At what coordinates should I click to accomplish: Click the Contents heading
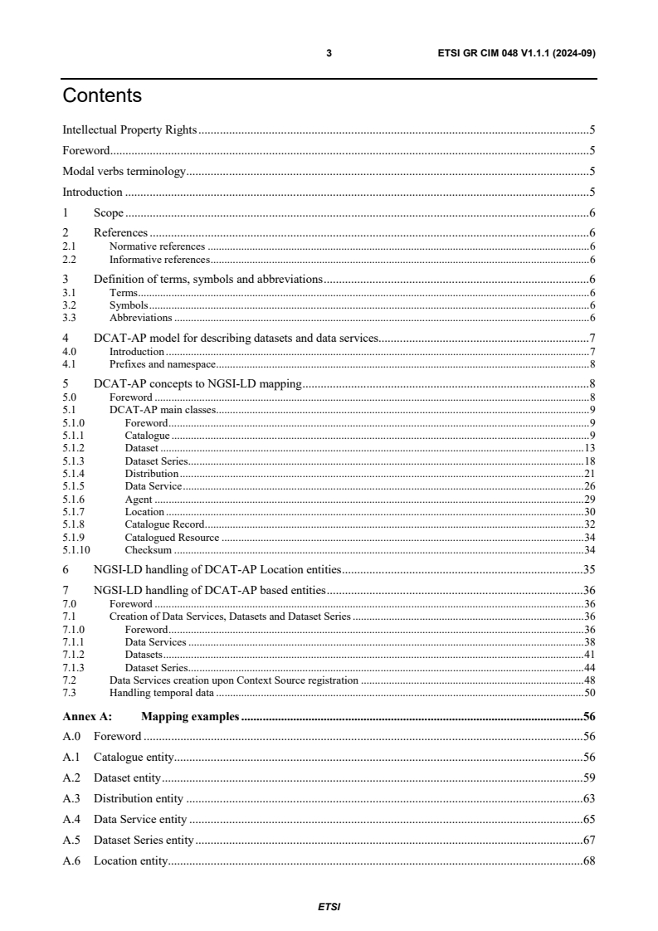click(x=102, y=96)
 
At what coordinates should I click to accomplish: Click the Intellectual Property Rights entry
click(x=129, y=130)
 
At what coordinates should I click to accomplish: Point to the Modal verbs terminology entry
click(x=124, y=172)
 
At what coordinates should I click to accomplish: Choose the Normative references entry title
click(x=157, y=246)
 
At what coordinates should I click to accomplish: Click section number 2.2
click(x=70, y=260)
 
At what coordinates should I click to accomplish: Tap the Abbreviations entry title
click(x=140, y=317)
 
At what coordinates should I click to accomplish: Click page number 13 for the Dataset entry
click(x=590, y=448)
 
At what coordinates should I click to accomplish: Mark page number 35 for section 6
click(x=590, y=570)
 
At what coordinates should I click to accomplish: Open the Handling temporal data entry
click(x=162, y=692)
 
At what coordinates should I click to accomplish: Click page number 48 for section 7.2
click(x=590, y=680)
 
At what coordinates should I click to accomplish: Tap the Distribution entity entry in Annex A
click(x=139, y=798)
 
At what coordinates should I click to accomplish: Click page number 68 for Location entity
click(x=590, y=860)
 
